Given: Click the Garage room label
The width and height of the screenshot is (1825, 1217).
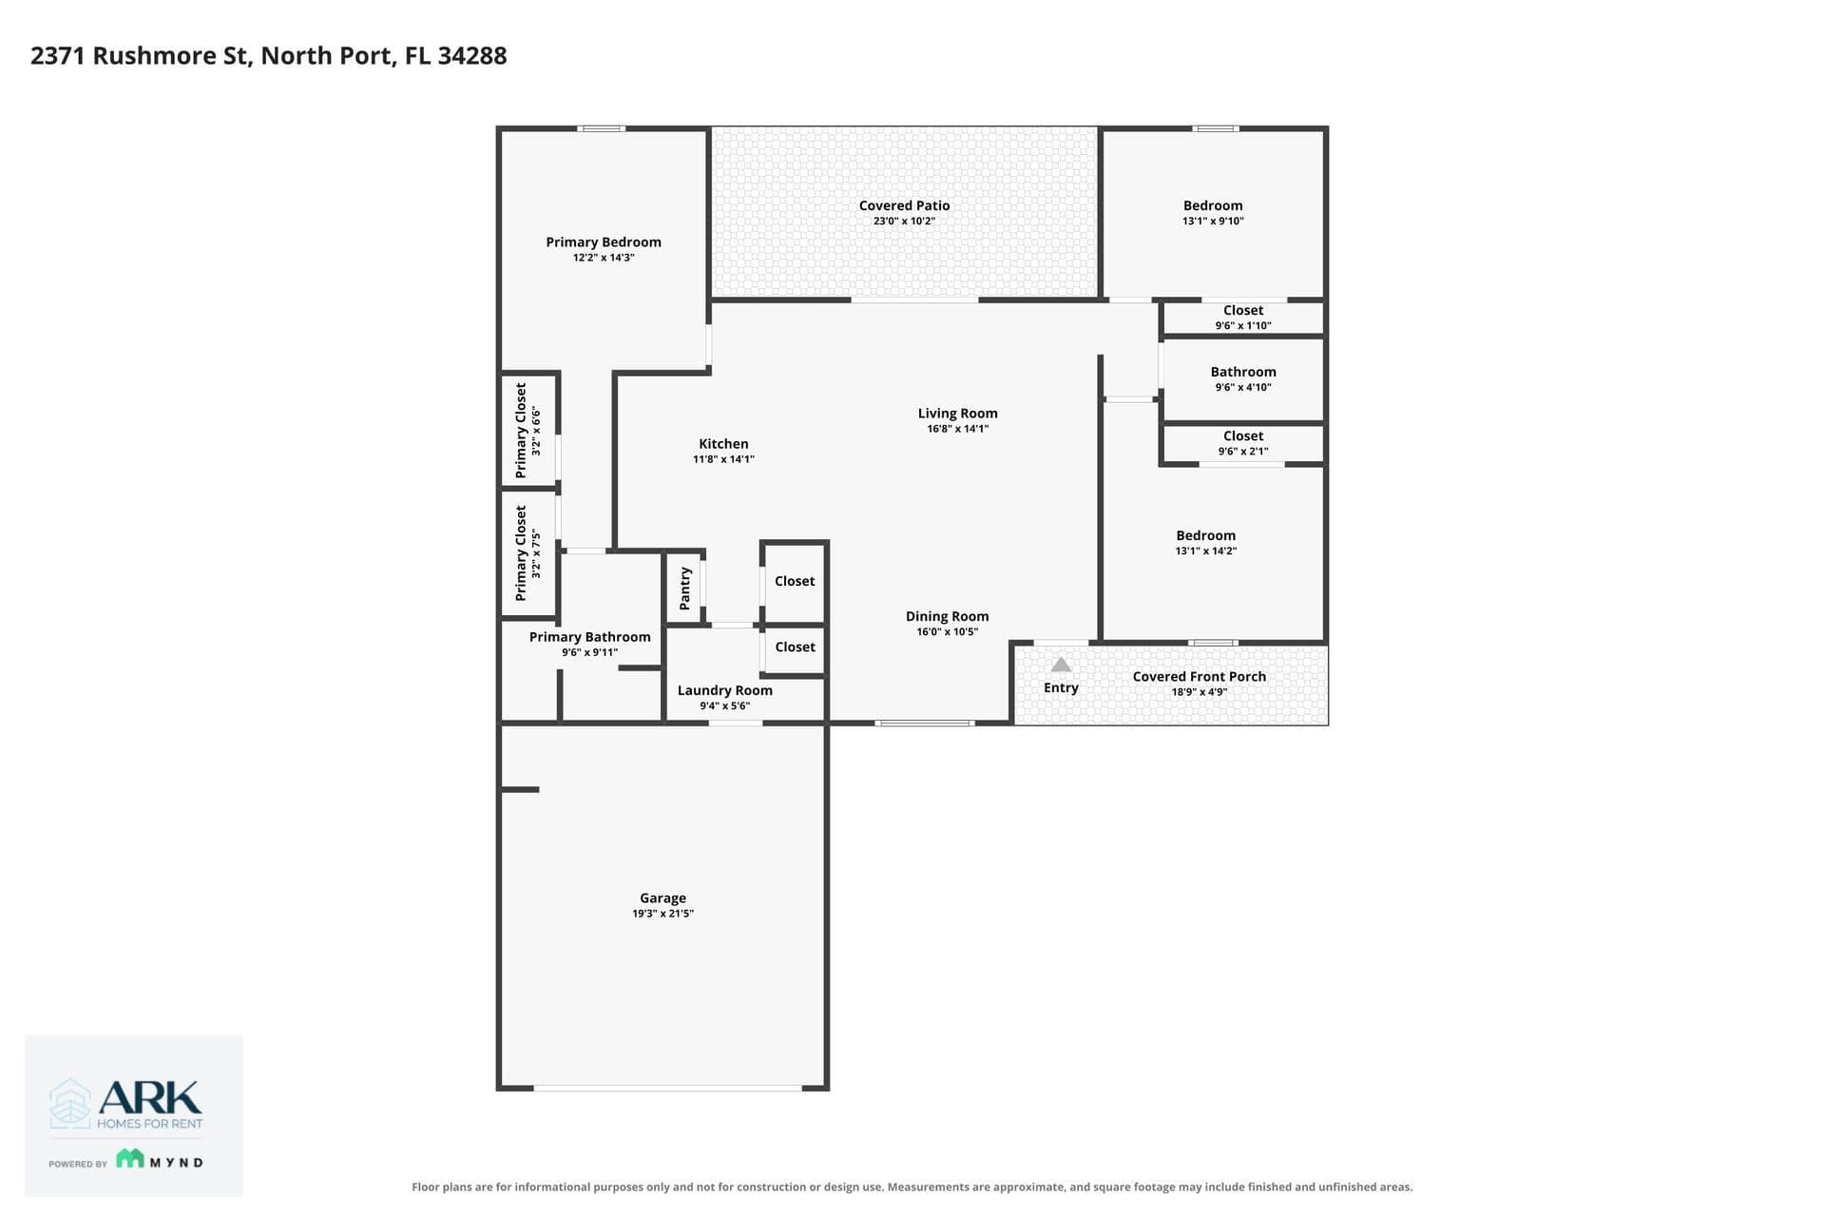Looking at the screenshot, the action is point(663,898).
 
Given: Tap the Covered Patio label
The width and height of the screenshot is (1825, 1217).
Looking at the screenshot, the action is point(904,205).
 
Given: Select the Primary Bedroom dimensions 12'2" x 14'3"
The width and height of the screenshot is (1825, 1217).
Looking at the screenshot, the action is point(604,258).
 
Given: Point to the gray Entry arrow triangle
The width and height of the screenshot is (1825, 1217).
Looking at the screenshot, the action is point(1061,665).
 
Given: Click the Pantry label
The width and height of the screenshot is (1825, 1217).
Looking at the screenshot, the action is point(684,589).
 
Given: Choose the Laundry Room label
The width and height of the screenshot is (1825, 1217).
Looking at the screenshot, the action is point(724,690).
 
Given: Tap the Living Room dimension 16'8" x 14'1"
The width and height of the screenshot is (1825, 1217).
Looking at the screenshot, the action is point(957,429).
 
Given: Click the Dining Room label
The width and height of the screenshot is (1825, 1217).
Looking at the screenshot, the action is point(947,616).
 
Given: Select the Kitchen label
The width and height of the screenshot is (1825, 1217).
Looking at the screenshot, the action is point(723,443).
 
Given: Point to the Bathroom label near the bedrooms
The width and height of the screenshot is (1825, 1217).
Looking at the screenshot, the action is point(1242,372).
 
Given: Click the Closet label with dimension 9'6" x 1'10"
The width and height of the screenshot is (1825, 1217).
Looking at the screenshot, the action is point(1242,310).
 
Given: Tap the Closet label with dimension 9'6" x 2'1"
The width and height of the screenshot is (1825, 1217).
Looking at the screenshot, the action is point(1242,435).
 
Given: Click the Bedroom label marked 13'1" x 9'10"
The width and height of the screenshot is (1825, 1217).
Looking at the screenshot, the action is point(1212,205).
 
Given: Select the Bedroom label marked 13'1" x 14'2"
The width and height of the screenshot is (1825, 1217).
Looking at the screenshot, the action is point(1205,535).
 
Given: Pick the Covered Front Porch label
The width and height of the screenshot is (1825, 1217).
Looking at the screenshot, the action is point(1199,677).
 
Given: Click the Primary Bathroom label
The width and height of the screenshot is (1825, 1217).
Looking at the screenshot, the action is point(589,637).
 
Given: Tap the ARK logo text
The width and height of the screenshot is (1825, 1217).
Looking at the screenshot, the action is point(150,1097).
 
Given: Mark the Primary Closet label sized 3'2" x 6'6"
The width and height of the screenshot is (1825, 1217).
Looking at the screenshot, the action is point(521,430).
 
